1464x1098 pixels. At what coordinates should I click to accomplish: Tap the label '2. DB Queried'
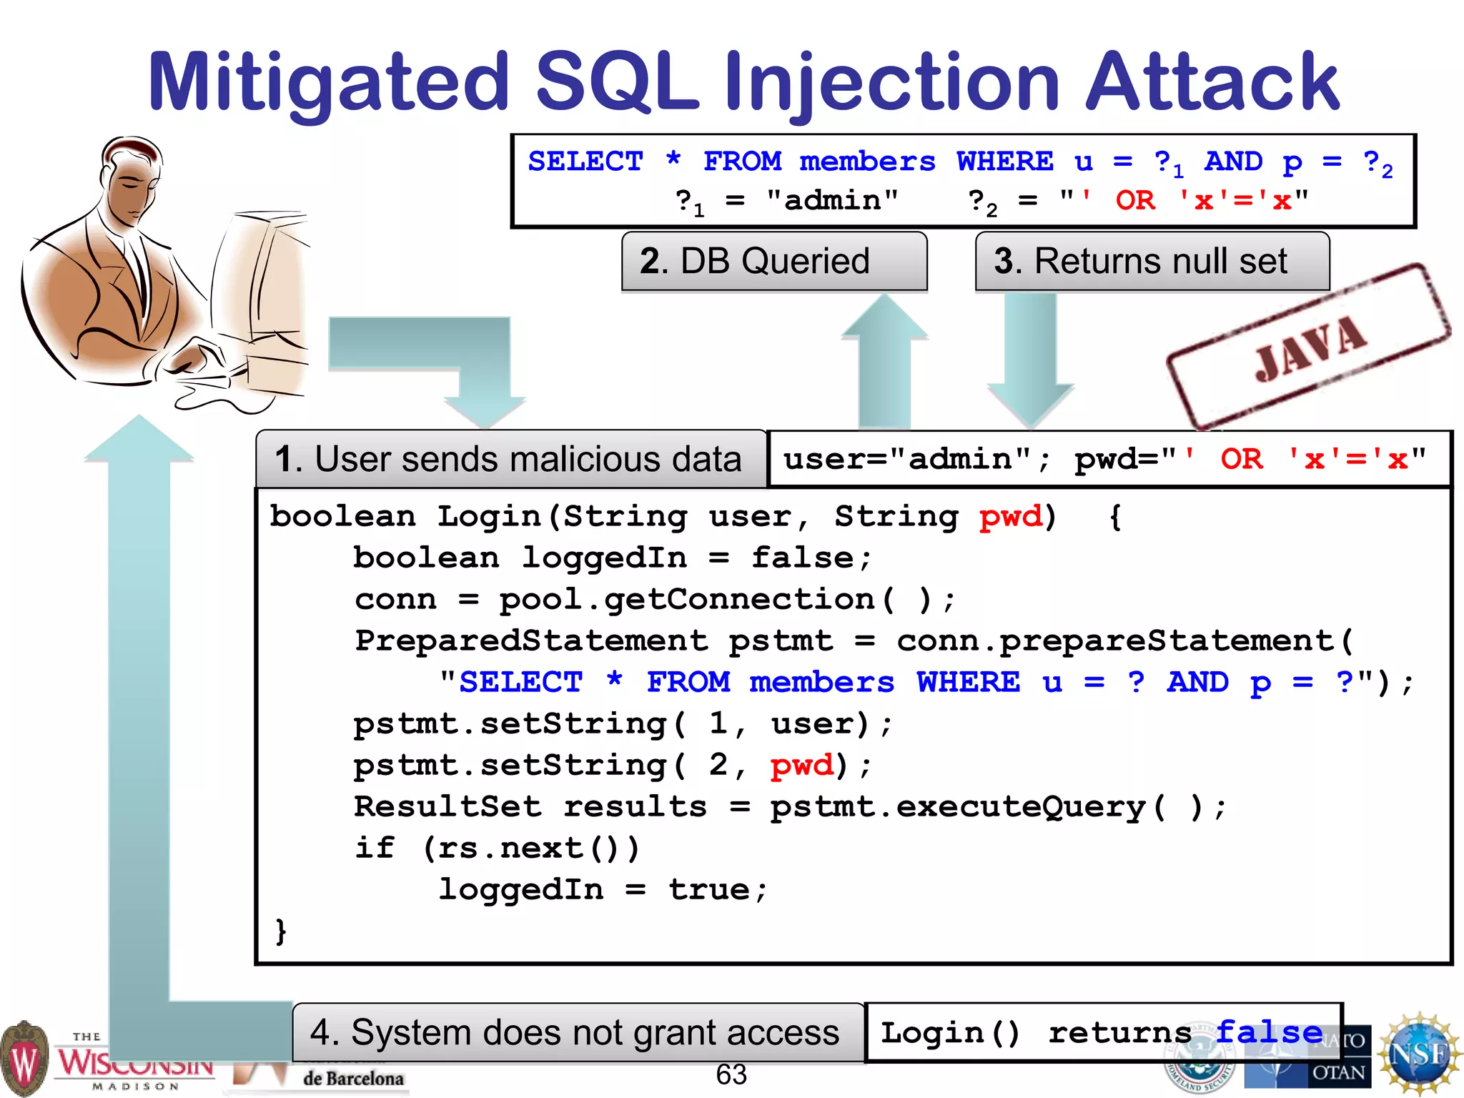774,262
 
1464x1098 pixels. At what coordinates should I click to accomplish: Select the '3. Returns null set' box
1152,262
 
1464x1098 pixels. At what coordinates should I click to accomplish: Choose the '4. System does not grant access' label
578,1033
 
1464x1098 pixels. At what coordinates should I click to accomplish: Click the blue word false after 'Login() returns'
1269,1032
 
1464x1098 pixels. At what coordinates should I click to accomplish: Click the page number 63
731,1074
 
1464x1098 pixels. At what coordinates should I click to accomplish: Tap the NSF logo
1420,1054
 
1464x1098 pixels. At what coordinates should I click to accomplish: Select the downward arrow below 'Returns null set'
1030,357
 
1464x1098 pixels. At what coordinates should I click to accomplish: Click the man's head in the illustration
133,179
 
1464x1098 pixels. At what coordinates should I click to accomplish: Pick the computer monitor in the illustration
257,286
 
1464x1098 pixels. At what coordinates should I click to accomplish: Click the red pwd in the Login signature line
1011,516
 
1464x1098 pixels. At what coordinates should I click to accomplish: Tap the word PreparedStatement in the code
531,640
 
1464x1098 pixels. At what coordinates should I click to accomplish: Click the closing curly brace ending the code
281,931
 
